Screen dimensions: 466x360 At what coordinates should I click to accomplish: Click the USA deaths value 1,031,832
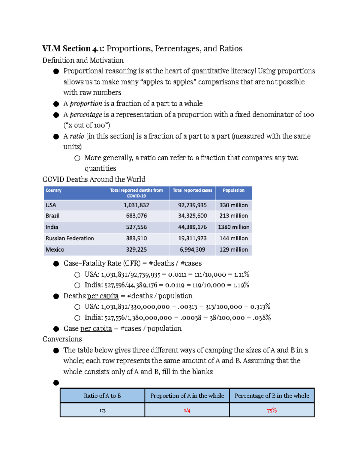[x=136, y=205]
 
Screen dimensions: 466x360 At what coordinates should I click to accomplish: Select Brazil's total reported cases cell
[x=192, y=216]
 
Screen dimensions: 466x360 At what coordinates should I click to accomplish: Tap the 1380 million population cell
[x=233, y=227]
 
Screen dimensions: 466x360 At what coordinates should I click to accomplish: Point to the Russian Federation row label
[x=70, y=238]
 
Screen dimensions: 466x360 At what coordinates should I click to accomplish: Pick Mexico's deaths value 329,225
[x=136, y=250]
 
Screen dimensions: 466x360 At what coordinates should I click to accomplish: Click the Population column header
[x=233, y=190]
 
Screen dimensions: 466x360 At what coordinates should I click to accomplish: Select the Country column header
[x=53, y=190]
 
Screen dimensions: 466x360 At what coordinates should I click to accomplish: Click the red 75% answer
[x=271, y=410]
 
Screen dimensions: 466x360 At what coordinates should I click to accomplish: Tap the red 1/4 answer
[x=187, y=410]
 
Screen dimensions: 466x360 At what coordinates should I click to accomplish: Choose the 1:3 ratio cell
[x=102, y=410]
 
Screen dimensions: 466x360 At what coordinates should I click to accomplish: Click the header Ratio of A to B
[x=102, y=396]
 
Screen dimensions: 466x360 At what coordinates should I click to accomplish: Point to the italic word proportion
[x=86, y=104]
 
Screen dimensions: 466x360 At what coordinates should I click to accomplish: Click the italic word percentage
[x=86, y=115]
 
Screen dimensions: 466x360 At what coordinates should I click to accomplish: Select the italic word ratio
[x=77, y=136]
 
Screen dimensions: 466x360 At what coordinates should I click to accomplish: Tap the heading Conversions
[x=62, y=339]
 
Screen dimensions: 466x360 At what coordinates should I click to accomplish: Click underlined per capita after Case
[x=96, y=329]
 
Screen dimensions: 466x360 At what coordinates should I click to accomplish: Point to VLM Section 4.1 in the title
[x=73, y=49]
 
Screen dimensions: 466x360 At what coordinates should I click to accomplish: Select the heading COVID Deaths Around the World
[x=94, y=179]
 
